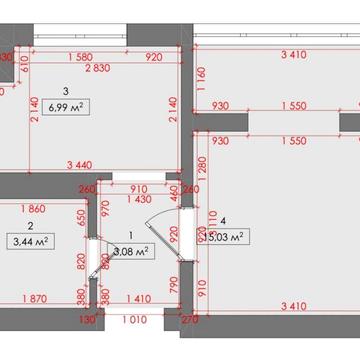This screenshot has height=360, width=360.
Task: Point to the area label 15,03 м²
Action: [x=223, y=236]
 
